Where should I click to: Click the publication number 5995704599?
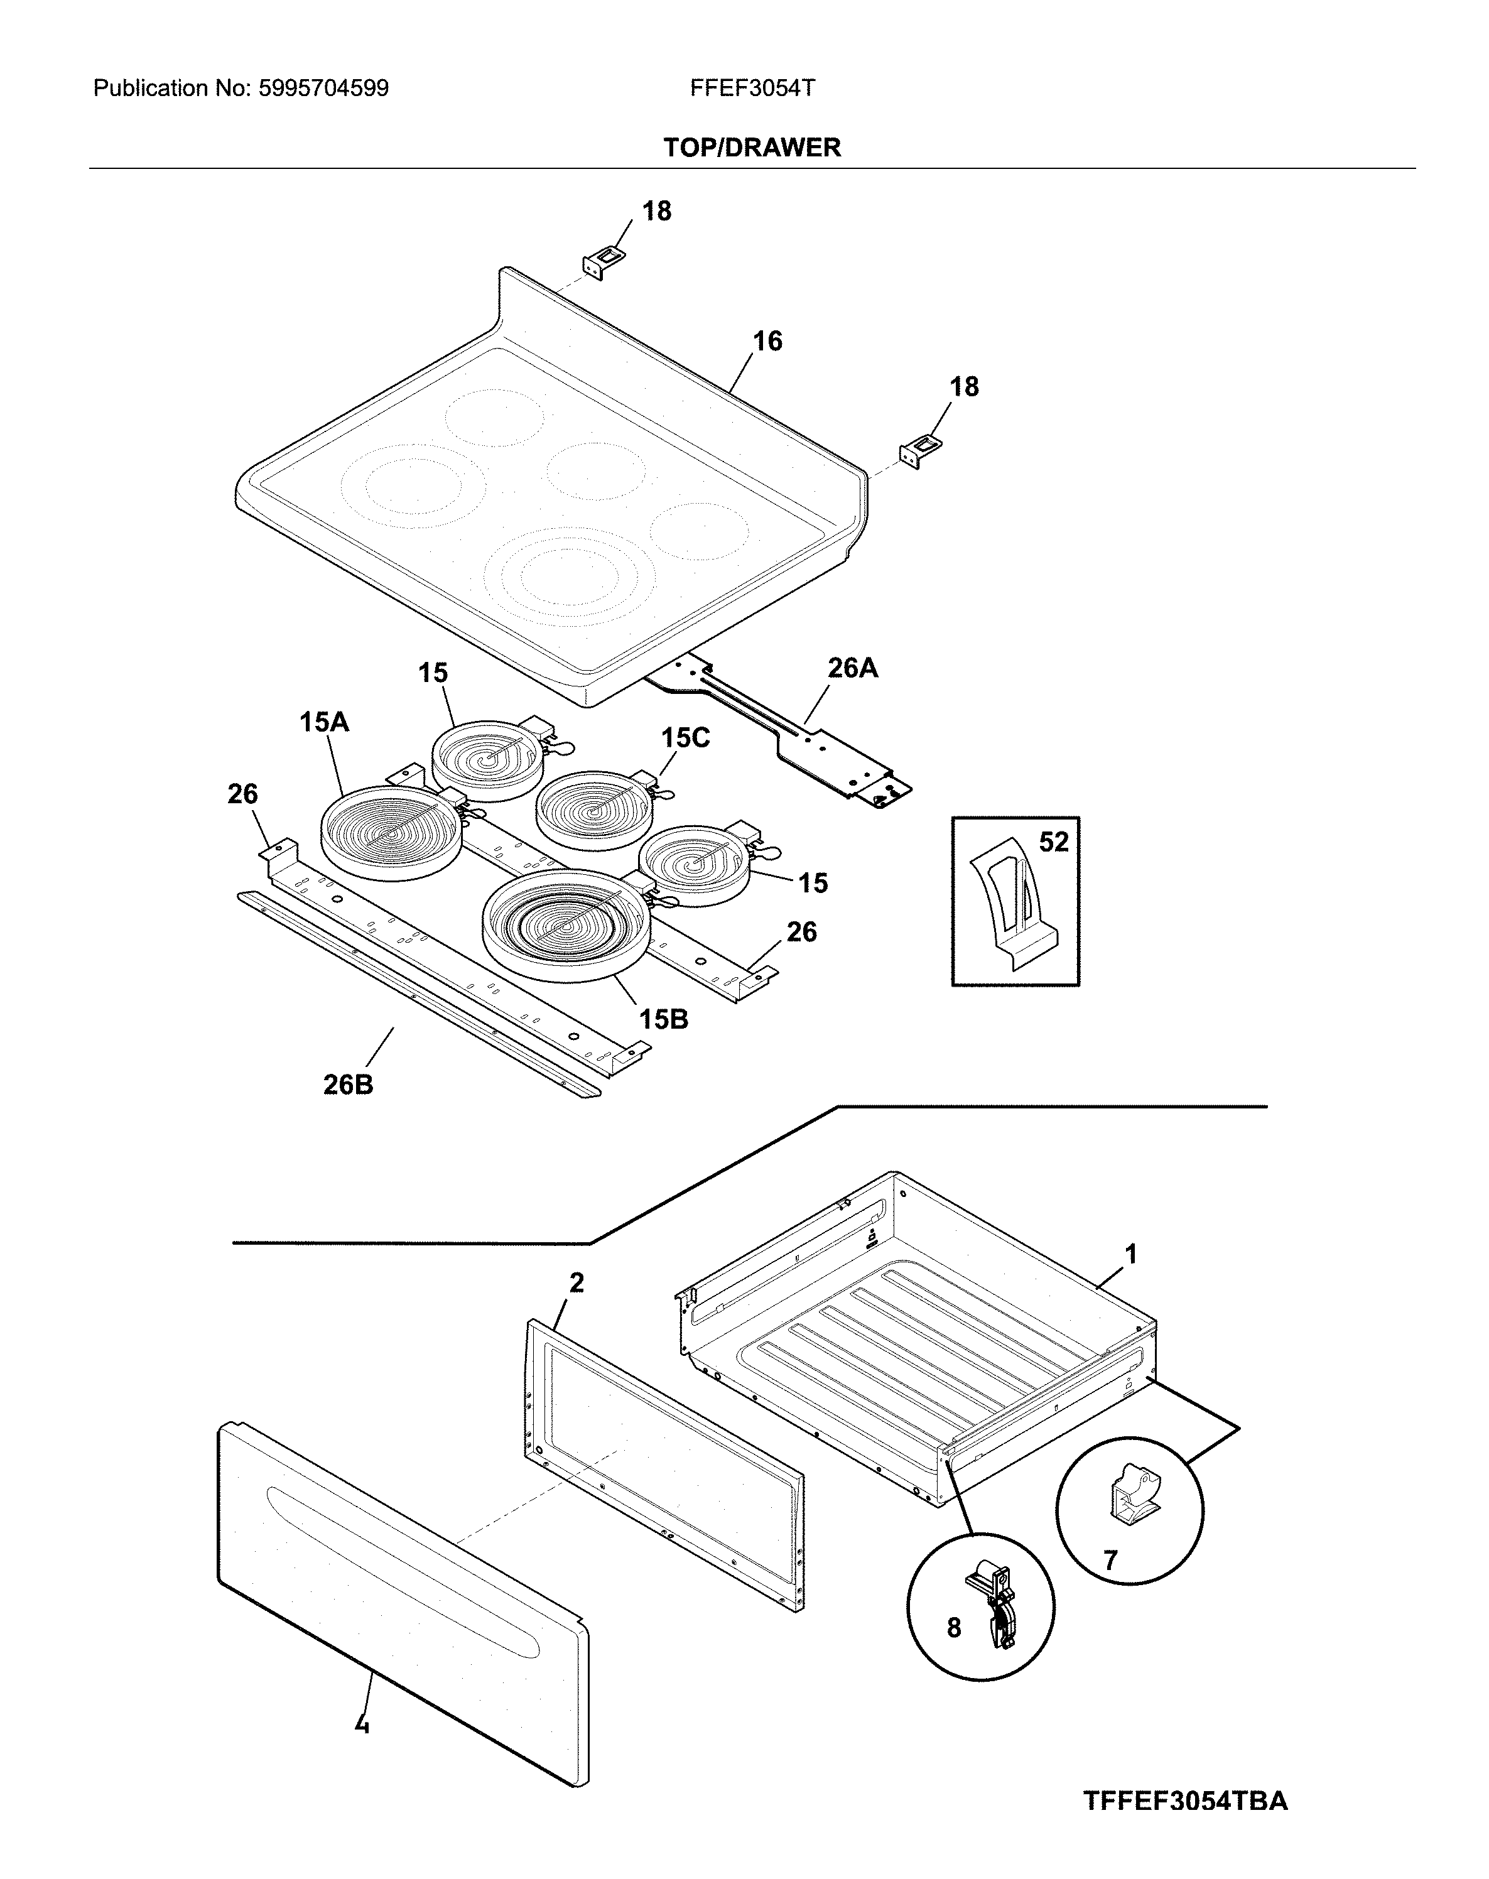click(323, 88)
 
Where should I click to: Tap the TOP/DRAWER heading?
click(752, 148)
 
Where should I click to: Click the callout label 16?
click(767, 341)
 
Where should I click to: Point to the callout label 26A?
click(852, 668)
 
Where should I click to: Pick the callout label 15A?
click(324, 722)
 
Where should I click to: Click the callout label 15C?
click(685, 737)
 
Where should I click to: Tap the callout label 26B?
click(348, 1085)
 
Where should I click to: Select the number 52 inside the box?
click(1053, 842)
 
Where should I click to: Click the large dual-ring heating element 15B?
click(566, 924)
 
